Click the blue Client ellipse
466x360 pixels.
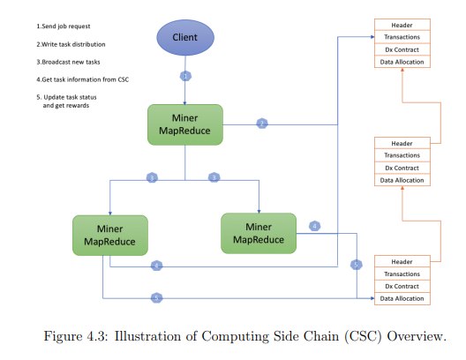(185, 37)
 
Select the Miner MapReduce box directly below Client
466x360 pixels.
(185, 124)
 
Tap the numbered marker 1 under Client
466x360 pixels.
(185, 77)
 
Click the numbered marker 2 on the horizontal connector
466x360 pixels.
(262, 124)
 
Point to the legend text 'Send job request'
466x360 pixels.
(66, 26)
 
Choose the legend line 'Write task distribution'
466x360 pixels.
(73, 44)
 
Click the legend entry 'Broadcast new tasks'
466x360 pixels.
(71, 62)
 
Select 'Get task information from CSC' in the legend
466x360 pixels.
(86, 79)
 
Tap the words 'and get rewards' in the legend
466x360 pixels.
(66, 106)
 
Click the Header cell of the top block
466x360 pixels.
(402, 25)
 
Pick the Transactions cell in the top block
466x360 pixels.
(402, 37)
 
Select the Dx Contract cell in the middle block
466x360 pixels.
(402, 168)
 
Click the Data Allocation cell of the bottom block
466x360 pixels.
(402, 298)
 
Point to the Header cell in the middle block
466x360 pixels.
(402, 143)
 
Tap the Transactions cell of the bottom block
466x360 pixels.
(402, 274)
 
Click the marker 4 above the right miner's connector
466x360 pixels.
(315, 226)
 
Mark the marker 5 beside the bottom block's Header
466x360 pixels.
(356, 265)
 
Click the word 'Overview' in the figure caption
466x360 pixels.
(417, 336)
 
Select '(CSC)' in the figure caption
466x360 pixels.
(363, 337)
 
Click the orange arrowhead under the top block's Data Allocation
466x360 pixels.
(402, 70)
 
